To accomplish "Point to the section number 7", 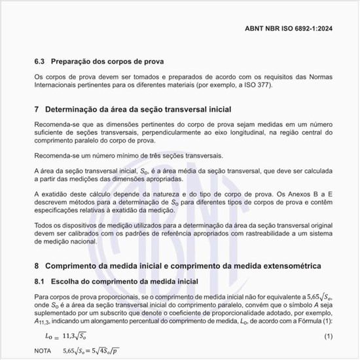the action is (x=37, y=109).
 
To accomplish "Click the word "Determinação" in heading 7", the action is (x=74, y=109).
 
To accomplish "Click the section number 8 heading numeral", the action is (x=37, y=266).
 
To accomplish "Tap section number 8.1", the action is (x=41, y=281).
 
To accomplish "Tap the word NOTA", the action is (x=44, y=351).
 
